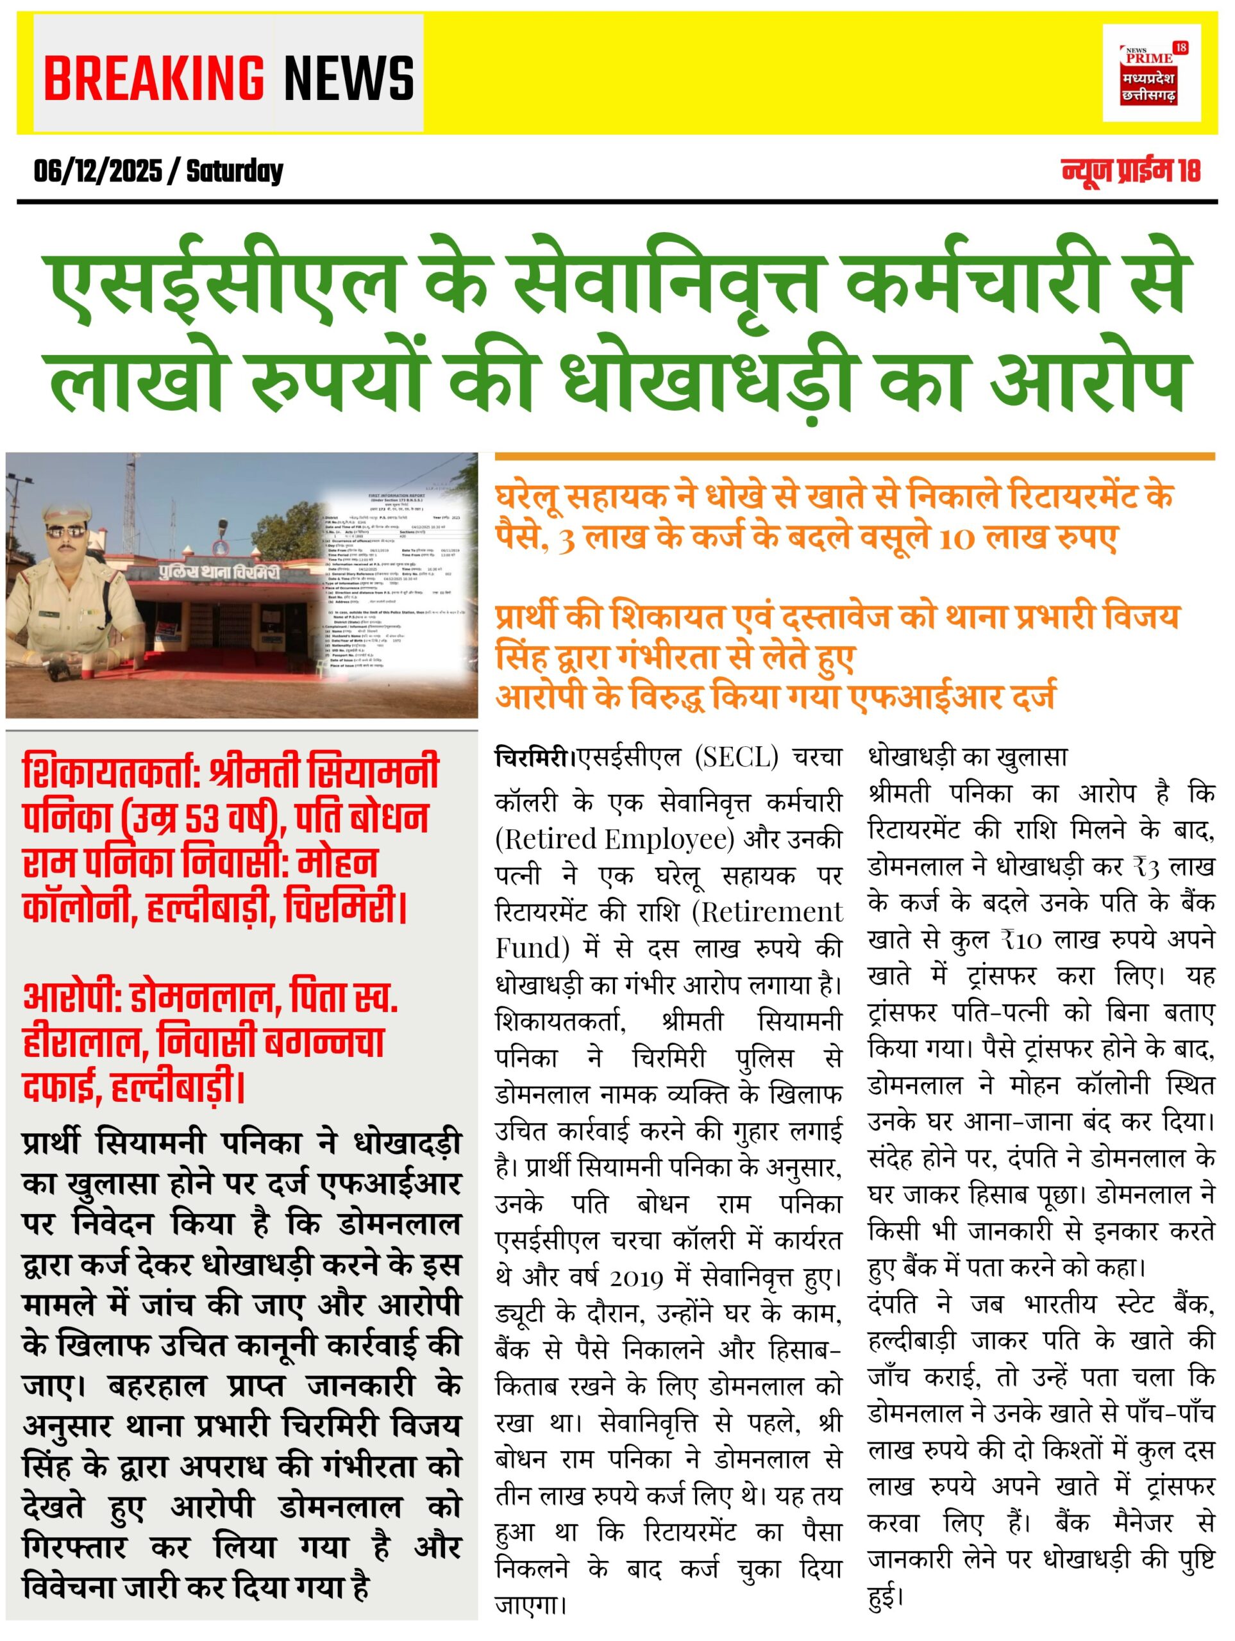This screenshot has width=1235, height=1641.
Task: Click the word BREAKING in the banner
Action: tap(154, 77)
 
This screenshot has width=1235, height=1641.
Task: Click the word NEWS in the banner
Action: tap(349, 77)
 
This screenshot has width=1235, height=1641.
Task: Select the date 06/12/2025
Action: tap(97, 172)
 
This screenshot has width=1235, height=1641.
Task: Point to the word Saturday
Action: tap(235, 172)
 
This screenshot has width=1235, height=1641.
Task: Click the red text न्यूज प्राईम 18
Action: tap(1130, 171)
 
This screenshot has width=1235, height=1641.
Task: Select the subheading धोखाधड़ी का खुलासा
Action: tap(967, 758)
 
